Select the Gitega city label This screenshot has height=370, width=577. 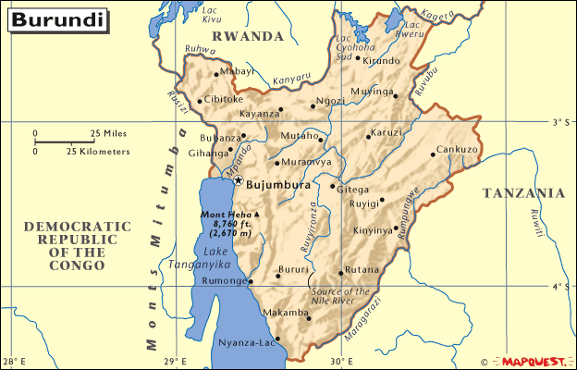click(351, 189)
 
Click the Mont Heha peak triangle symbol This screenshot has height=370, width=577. click(257, 215)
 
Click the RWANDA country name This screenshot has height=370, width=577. click(247, 36)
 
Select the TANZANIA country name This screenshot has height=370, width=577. click(523, 193)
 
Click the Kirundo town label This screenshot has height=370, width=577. click(381, 61)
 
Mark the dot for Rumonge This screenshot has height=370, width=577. click(252, 282)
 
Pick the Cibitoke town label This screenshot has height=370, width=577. click(224, 99)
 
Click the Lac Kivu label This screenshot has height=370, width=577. click(211, 14)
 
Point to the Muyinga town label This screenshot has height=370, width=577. click(371, 92)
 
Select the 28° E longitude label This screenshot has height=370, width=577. click(14, 361)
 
